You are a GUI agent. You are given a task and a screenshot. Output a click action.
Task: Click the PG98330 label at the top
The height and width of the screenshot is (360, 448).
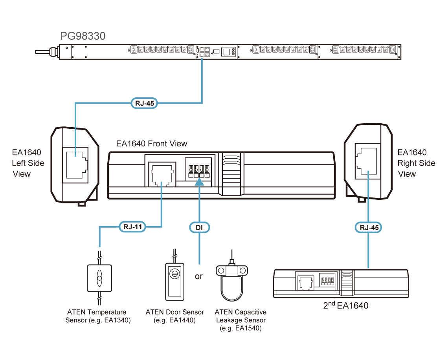[83, 37]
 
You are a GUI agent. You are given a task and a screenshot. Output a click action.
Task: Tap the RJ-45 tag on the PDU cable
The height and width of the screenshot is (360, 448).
[144, 104]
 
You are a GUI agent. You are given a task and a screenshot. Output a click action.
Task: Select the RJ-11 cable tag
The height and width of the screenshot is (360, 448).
[132, 227]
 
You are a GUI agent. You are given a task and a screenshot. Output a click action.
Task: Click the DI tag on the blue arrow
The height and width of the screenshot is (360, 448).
[199, 227]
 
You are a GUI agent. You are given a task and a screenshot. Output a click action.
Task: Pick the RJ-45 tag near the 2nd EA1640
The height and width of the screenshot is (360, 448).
[368, 227]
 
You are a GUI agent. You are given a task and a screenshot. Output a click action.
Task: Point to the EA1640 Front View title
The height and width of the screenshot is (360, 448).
[152, 144]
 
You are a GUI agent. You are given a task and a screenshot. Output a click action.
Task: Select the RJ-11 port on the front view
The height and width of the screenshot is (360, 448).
[162, 173]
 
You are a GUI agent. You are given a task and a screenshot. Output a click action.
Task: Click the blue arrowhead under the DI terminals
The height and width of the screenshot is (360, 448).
[199, 181]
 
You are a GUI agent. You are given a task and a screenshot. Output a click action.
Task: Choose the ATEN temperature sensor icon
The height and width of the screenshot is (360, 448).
[99, 278]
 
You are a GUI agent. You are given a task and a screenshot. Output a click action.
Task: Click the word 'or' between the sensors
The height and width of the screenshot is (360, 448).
[199, 276]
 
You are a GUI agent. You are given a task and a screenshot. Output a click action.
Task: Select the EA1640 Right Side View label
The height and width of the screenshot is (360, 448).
[416, 163]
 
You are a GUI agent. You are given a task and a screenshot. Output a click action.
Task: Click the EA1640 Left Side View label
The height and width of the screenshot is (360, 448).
[28, 163]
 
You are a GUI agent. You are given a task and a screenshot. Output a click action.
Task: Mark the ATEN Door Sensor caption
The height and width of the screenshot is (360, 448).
[175, 316]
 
